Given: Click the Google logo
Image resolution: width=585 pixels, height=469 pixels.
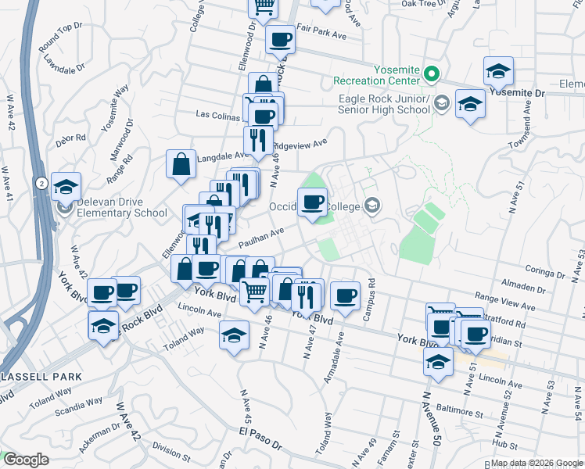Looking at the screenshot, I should pos(26,459).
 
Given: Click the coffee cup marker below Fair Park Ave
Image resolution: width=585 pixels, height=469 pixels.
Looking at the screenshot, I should pos(279,40).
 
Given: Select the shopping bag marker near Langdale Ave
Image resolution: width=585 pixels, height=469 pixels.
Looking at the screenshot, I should pos(181,165).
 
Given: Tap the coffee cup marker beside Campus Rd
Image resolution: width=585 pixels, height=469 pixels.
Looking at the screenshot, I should pos(345,296).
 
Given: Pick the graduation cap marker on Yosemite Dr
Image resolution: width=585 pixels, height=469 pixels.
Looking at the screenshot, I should pos(498,72).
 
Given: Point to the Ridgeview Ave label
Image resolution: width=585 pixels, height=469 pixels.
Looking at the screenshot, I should pos(302,145).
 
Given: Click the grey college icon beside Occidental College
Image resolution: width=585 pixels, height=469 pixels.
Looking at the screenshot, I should pos(373,206).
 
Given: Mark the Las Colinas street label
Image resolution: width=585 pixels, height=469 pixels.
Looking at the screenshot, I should pos(221,115).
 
